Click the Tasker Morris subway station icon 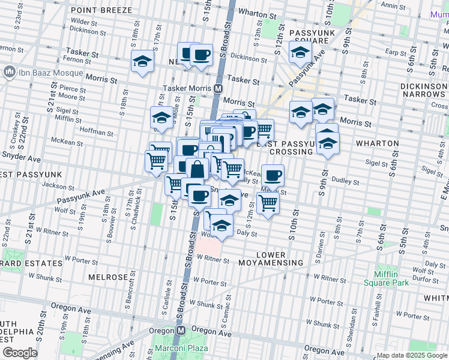coord(218,88)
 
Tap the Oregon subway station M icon coord(180,331)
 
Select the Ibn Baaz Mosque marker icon coord(10,73)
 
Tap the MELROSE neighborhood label coord(108,277)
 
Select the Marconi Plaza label coord(181,348)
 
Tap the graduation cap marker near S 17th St coord(143,61)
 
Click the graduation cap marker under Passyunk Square coord(300,52)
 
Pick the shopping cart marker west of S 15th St coord(157,161)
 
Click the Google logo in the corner coord(19,353)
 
